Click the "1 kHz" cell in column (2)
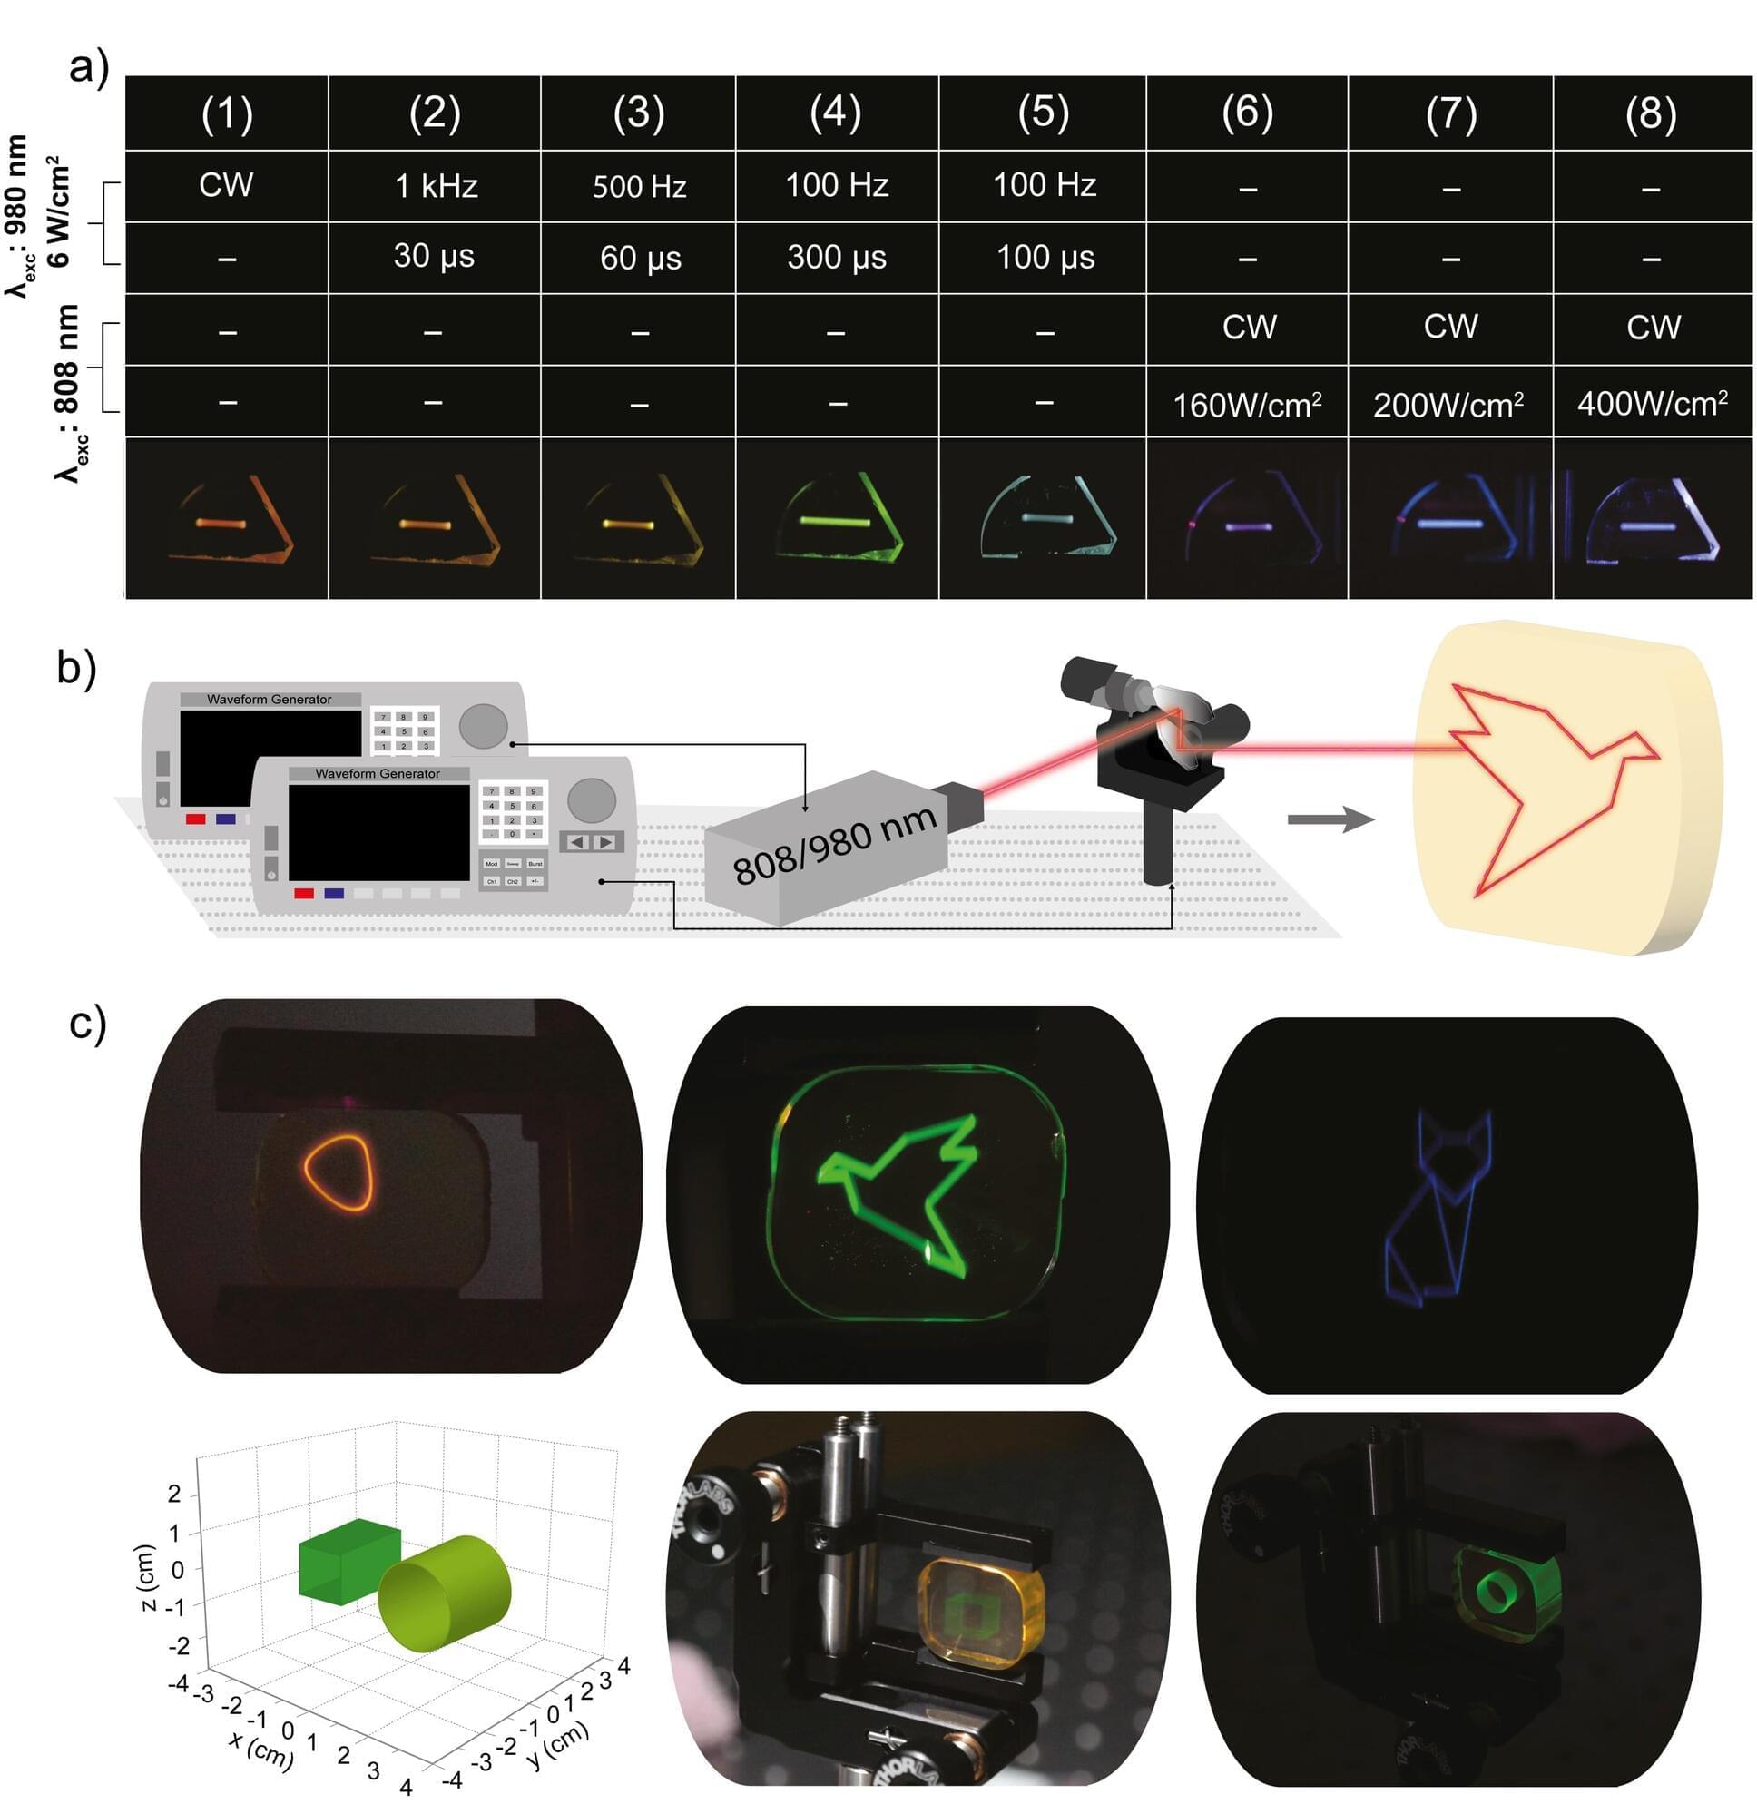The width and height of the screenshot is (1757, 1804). click(x=436, y=186)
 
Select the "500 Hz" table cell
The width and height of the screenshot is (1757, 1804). click(x=640, y=186)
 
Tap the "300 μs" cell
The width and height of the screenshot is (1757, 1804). click(x=837, y=258)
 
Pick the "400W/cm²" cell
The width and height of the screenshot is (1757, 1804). click(x=1653, y=404)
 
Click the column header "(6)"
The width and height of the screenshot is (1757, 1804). click(x=1248, y=113)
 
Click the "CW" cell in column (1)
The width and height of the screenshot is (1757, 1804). click(x=226, y=184)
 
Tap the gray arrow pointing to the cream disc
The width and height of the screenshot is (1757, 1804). click(x=1330, y=818)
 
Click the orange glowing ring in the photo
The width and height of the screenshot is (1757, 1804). click(x=339, y=1172)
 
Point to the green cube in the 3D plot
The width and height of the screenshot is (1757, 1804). click(x=348, y=1561)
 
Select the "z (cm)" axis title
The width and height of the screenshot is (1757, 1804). click(x=146, y=1577)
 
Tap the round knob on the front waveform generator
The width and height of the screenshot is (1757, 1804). click(x=592, y=800)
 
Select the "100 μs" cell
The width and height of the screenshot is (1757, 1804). click(x=1045, y=258)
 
